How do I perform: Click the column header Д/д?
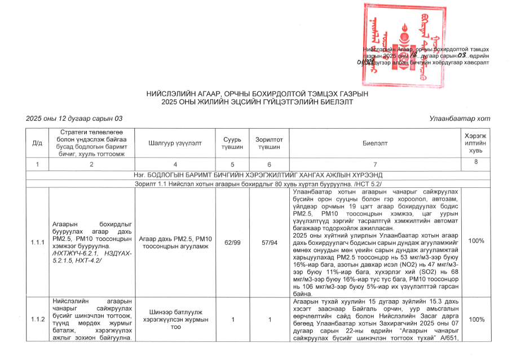37,143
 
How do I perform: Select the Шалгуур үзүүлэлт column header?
175,143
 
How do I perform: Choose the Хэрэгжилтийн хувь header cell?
476,143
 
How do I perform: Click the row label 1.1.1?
37,242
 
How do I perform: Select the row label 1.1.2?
37,319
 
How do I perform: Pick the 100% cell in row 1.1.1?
476,241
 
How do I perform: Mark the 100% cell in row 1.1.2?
476,319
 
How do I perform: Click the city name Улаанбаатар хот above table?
460,118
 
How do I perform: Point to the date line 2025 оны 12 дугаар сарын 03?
74,118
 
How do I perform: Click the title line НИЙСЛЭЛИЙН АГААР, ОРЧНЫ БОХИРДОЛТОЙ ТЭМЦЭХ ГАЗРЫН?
257,94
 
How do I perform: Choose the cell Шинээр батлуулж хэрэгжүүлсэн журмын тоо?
175,319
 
